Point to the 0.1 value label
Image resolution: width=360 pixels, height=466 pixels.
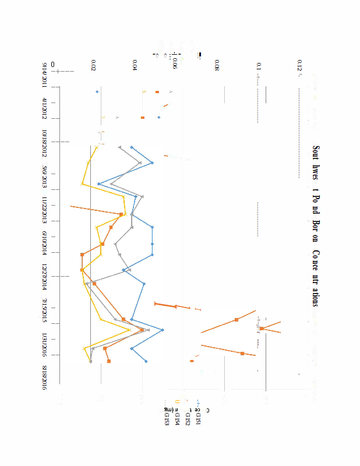tap(259, 65)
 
